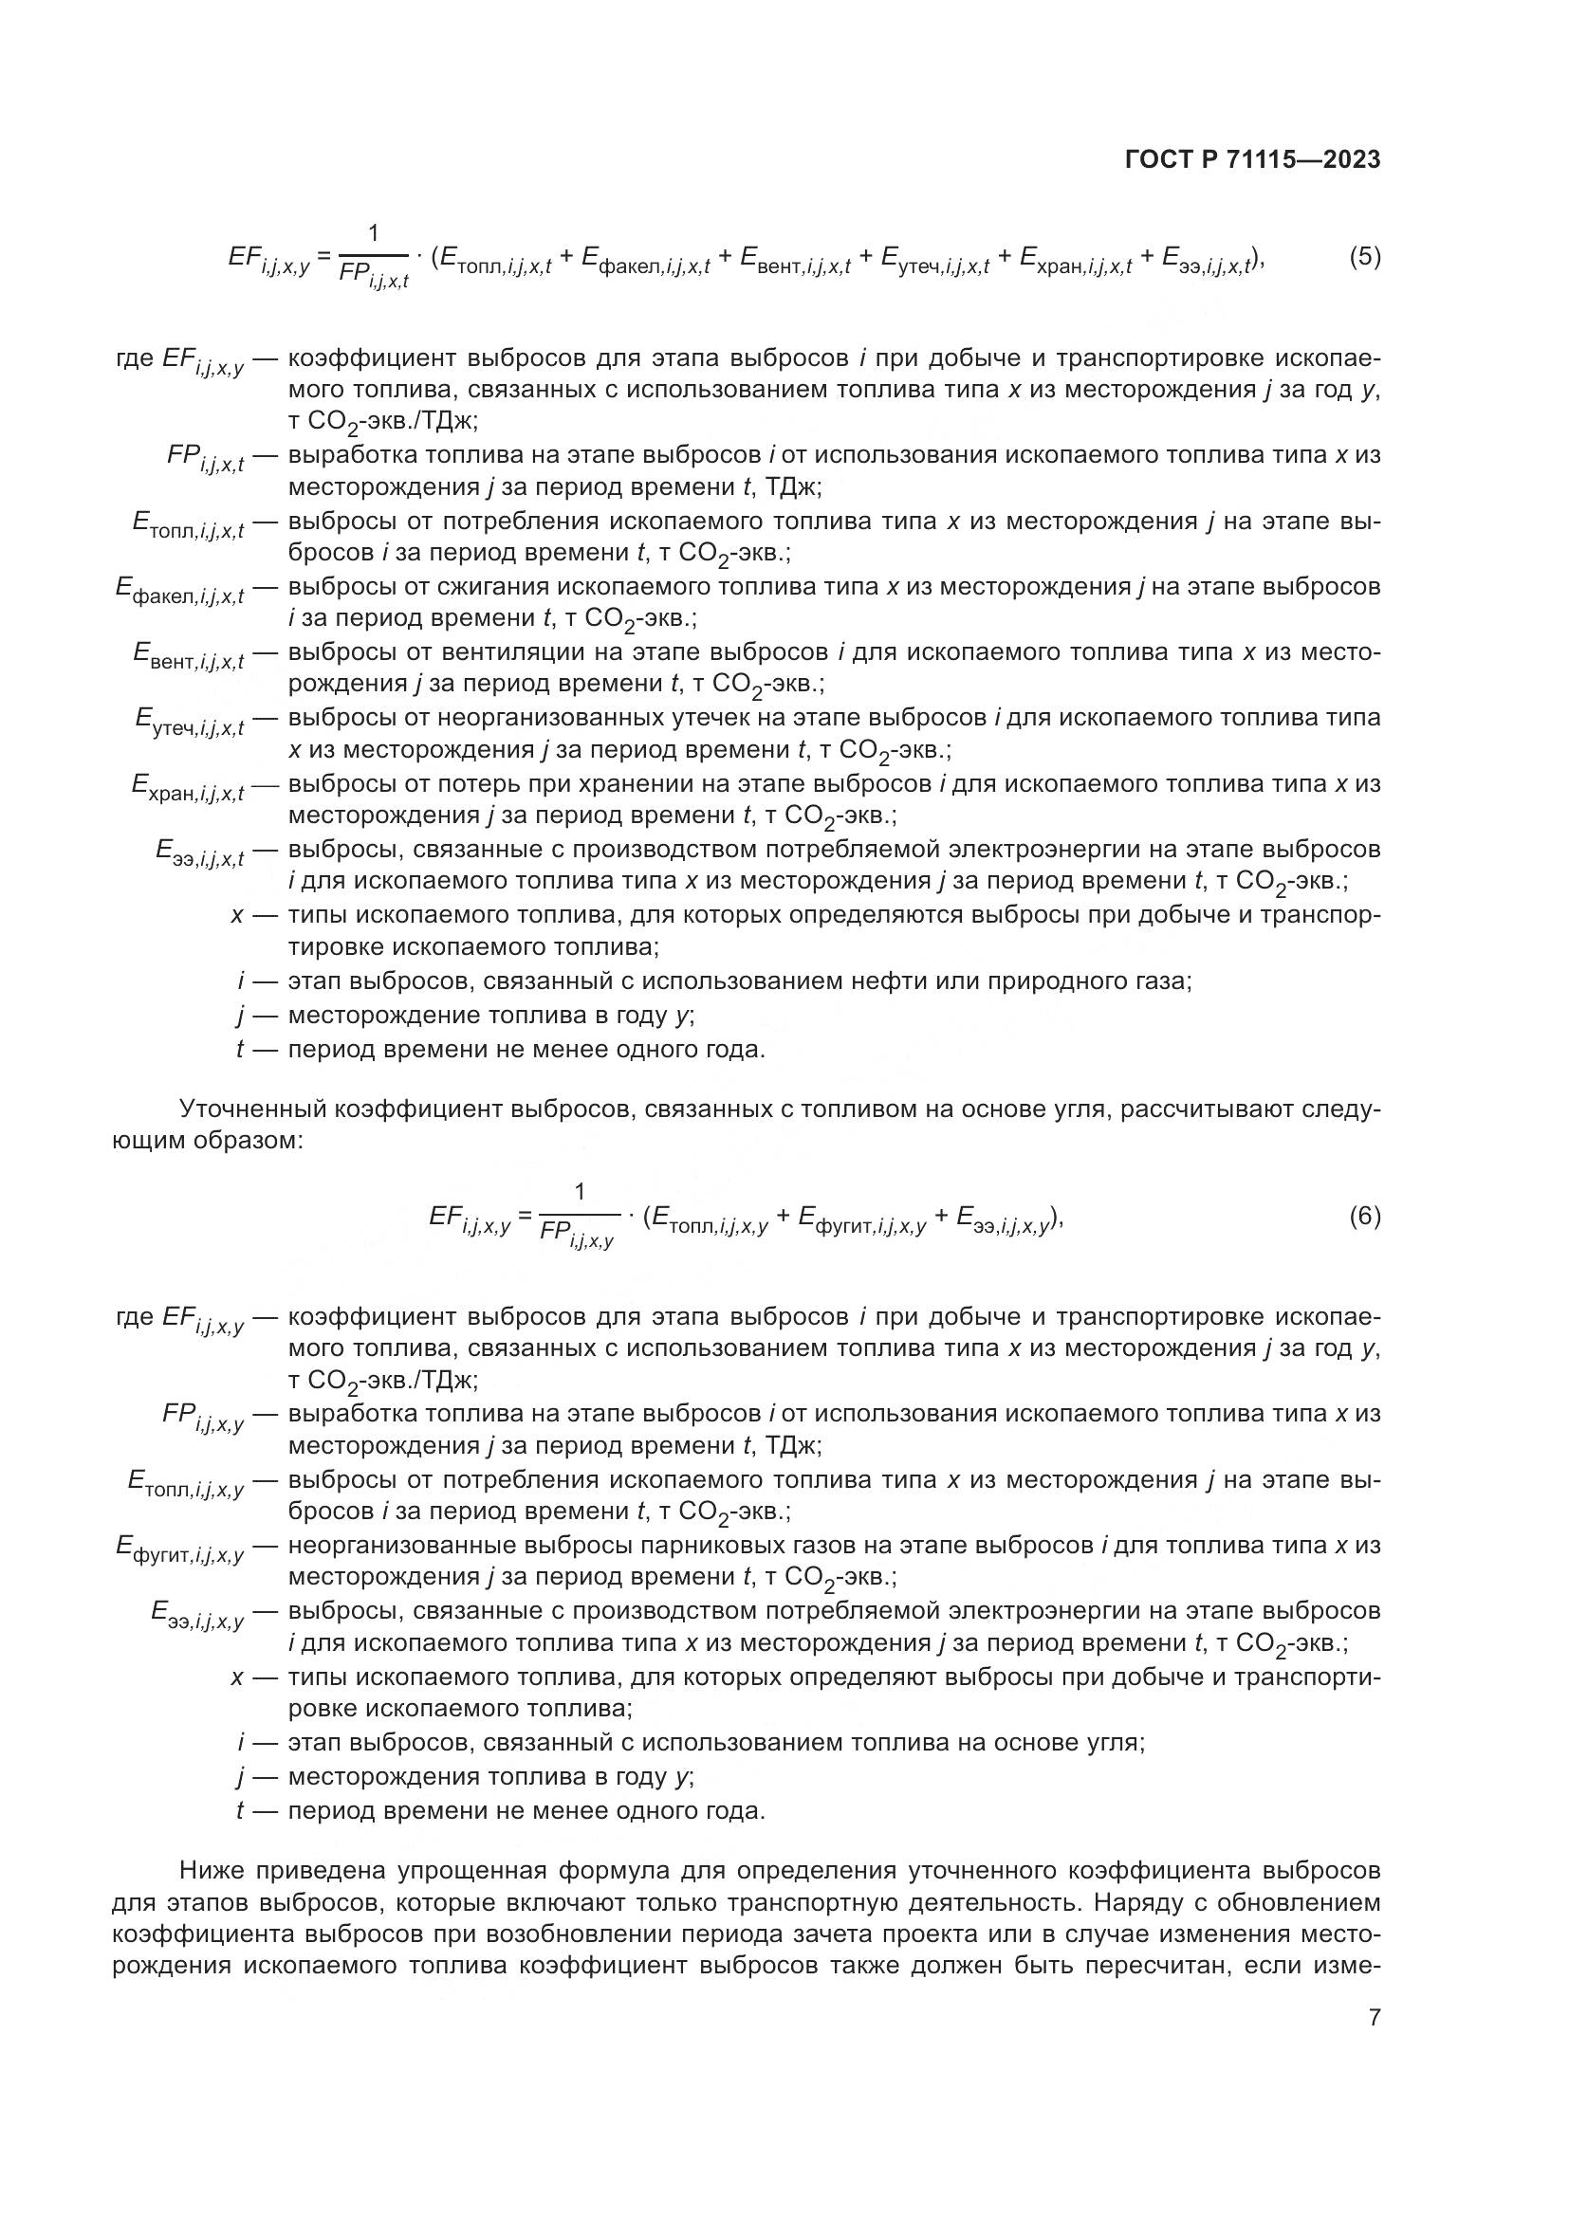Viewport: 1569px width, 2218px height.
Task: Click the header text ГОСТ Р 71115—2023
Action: (1252, 160)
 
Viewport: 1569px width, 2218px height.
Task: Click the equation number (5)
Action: (1364, 257)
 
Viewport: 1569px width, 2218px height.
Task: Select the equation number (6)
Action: (1364, 1217)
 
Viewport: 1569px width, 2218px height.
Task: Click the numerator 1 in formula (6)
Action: (580, 1192)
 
